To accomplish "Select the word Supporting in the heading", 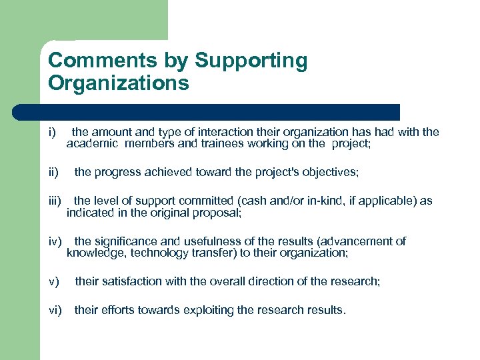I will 251,61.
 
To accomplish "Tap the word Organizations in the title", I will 119,83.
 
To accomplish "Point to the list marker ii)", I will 53,173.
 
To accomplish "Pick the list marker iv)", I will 55,241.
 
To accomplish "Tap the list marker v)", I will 53,281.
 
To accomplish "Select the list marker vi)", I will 55,309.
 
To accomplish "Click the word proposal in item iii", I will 217,213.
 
